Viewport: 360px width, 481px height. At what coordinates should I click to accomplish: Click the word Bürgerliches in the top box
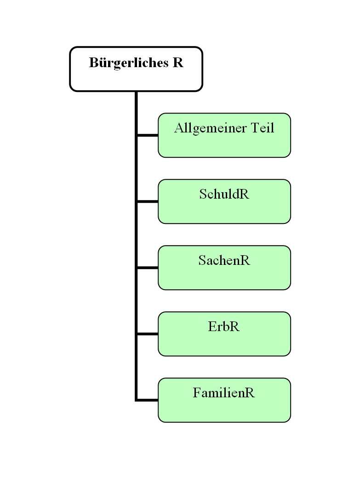tap(129, 63)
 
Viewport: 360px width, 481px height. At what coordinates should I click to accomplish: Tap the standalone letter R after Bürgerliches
tap(178, 63)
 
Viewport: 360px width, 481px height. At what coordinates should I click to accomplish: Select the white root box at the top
tap(136, 78)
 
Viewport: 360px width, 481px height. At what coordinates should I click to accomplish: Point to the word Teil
tap(263, 128)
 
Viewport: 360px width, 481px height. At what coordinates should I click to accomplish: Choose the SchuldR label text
tap(224, 195)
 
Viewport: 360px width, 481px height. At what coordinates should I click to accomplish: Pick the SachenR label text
tap(224, 261)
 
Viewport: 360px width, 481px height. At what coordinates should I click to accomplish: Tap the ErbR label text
tap(224, 327)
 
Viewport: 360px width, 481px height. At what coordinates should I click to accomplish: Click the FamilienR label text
tap(224, 393)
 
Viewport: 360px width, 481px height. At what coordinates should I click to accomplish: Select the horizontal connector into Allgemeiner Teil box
tap(148, 135)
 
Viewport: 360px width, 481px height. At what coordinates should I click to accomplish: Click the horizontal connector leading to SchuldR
tap(148, 201)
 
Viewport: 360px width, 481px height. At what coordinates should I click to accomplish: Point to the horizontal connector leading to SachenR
tap(148, 268)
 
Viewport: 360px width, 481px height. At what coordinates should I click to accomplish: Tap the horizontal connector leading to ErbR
tap(148, 334)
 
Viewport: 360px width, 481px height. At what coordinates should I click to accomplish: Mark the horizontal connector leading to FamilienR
tap(148, 400)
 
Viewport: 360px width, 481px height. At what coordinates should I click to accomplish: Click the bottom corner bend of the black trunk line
tap(137, 400)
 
